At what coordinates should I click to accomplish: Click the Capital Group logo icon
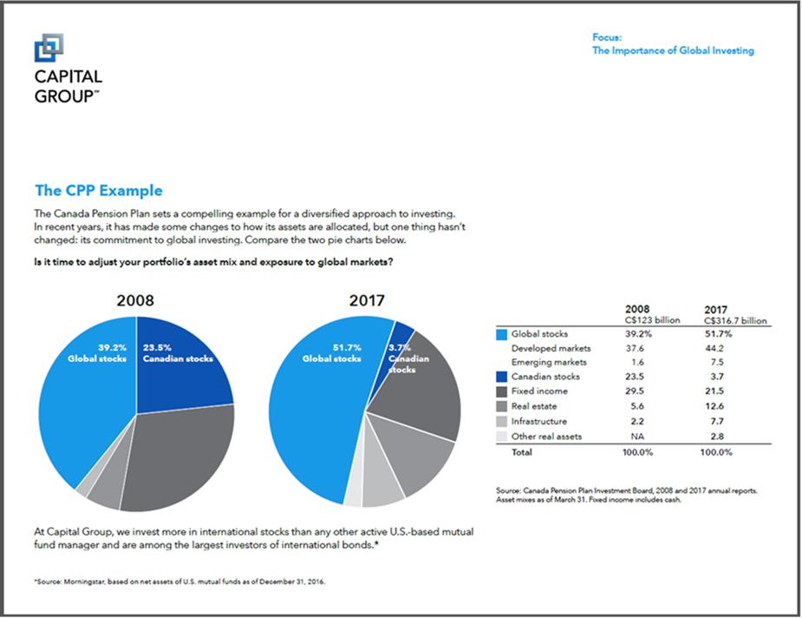[x=48, y=48]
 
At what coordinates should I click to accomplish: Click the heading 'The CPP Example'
[x=98, y=191]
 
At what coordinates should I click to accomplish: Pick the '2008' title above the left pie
[x=136, y=301]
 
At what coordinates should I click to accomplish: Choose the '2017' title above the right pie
[x=366, y=301]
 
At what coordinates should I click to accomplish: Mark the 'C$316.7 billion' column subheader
[x=736, y=320]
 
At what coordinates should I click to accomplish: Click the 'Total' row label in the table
[x=522, y=452]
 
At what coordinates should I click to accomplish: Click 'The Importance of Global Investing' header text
[x=673, y=50]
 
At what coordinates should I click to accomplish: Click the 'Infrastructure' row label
[x=539, y=421]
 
